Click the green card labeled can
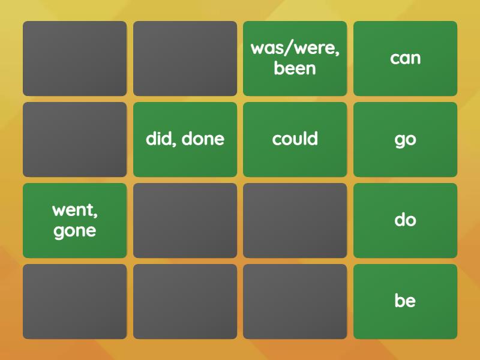[x=405, y=58]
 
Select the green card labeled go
[x=405, y=139]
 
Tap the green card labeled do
[x=405, y=220]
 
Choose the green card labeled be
[x=405, y=301]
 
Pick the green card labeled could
[x=295, y=139]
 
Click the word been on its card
[x=295, y=68]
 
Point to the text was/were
[x=295, y=49]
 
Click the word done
[x=203, y=139]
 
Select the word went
[x=75, y=211]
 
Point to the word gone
[x=75, y=231]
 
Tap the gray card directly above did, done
[x=185, y=58]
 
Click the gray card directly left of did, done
[x=75, y=139]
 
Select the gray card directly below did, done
[x=185, y=220]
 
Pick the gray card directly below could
[x=295, y=220]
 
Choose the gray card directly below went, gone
[x=75, y=301]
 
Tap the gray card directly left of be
[x=295, y=301]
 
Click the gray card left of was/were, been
[x=185, y=58]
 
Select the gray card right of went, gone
[x=185, y=220]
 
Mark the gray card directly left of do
[x=295, y=220]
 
